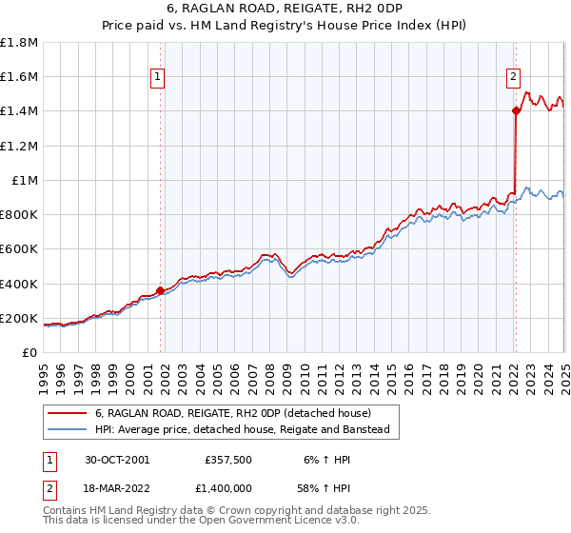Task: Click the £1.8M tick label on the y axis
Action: tap(19, 43)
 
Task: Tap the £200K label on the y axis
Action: tap(19, 318)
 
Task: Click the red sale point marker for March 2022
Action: tap(516, 111)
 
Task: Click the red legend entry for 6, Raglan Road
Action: tap(238, 413)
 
